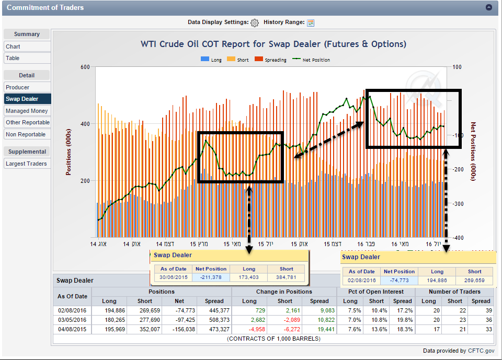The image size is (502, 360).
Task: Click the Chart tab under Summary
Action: [x=14, y=47]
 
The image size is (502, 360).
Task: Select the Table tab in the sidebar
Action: [x=13, y=58]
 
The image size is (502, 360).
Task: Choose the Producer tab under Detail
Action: [x=18, y=87]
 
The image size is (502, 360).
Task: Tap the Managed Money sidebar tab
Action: [x=27, y=111]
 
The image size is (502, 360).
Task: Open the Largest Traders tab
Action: [x=27, y=164]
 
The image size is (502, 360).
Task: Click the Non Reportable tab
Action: [x=26, y=134]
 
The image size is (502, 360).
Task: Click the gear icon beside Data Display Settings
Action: [x=255, y=22]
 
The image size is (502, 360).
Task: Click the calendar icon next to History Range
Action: [x=311, y=22]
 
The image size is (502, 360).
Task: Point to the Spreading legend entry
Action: [x=271, y=60]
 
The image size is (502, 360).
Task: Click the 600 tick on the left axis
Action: [x=85, y=67]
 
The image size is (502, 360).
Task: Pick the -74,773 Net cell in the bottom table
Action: [x=180, y=310]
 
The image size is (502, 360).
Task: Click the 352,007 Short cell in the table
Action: [x=145, y=329]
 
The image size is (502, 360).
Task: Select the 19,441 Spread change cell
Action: [x=320, y=329]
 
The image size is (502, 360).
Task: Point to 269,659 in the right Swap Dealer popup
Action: [x=474, y=280]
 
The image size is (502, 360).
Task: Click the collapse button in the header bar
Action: [x=489, y=8]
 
